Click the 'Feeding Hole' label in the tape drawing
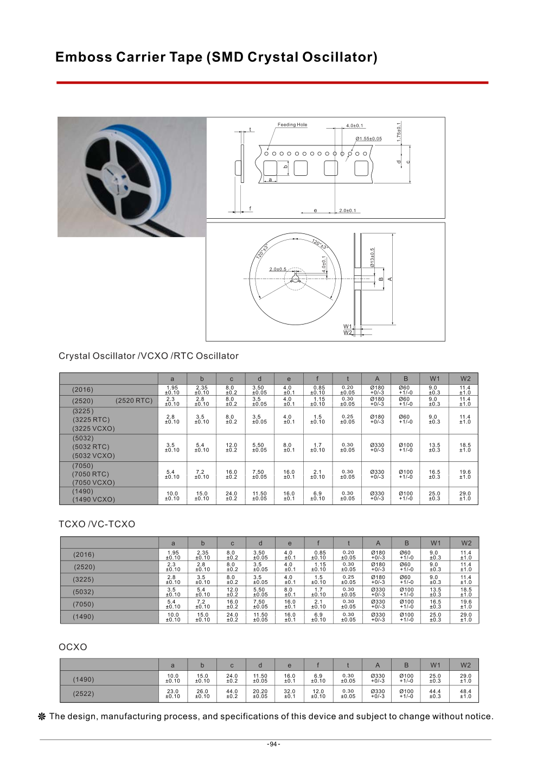coord(292,125)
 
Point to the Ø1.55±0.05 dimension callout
coord(369,139)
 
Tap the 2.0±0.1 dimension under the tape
coord(347,211)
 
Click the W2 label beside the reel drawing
coord(348,333)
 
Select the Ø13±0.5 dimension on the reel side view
coord(373,257)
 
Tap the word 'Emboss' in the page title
coord(84,58)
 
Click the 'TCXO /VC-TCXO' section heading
coord(97,524)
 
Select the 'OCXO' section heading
coord(73,647)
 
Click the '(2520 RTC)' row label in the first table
coord(134,401)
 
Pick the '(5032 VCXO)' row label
coord(94,456)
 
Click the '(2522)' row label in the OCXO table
coord(84,694)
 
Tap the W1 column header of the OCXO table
coord(435,665)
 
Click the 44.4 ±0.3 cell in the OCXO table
coord(435,694)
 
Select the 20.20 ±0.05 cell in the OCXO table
coord(260,694)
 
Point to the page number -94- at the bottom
coord(273,744)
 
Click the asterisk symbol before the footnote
coord(42,717)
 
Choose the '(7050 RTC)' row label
coord(91,474)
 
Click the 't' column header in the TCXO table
coord(349,543)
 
